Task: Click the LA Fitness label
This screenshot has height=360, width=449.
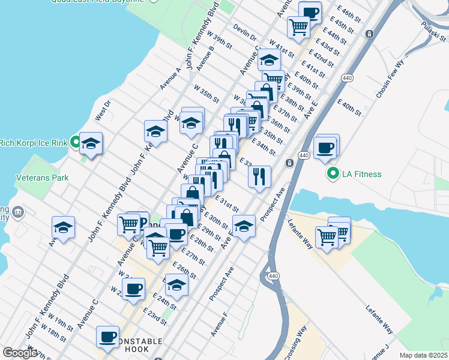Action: (x=361, y=175)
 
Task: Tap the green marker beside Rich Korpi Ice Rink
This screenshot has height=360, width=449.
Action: (x=75, y=143)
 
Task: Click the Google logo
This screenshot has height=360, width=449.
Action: (x=20, y=353)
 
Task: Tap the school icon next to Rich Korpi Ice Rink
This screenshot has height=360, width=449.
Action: (x=91, y=143)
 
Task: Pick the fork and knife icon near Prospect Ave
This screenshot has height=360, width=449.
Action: (x=259, y=176)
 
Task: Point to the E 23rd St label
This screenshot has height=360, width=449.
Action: (x=155, y=316)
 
